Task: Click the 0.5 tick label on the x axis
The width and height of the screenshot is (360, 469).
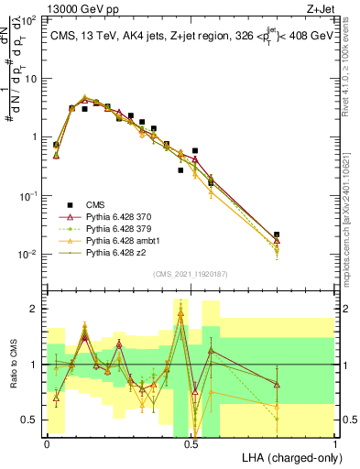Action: [x=191, y=442]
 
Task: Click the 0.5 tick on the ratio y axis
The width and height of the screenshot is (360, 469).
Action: [x=31, y=420]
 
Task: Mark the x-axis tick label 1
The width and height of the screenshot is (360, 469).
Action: [x=335, y=442]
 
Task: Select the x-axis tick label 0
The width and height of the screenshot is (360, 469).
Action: [x=47, y=442]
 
